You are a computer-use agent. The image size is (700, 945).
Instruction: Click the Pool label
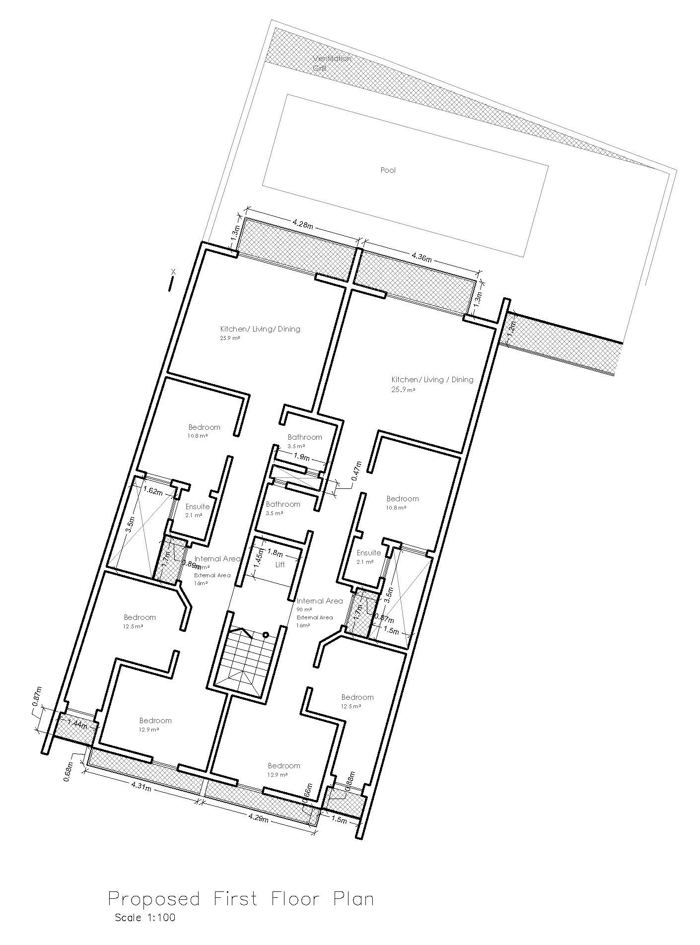(388, 170)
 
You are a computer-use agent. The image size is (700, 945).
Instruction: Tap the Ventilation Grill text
(332, 63)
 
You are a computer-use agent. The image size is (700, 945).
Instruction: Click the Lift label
(280, 565)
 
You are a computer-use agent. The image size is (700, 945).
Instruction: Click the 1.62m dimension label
(152, 492)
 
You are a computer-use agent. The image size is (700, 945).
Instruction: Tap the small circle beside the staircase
(266, 634)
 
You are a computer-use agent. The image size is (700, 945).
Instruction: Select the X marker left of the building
(173, 271)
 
